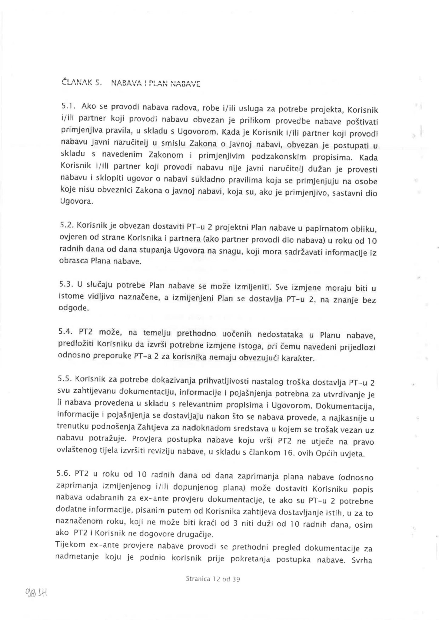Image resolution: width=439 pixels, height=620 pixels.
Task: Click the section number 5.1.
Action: (x=67, y=107)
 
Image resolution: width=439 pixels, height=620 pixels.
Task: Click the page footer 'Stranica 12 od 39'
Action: (x=213, y=579)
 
